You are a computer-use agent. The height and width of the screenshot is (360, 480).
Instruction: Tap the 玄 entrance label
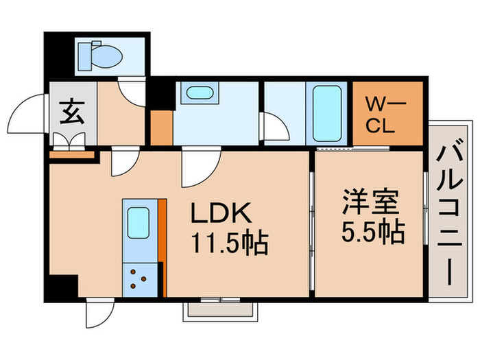point(72,111)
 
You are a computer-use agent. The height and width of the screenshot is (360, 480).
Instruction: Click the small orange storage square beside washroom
point(161,128)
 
